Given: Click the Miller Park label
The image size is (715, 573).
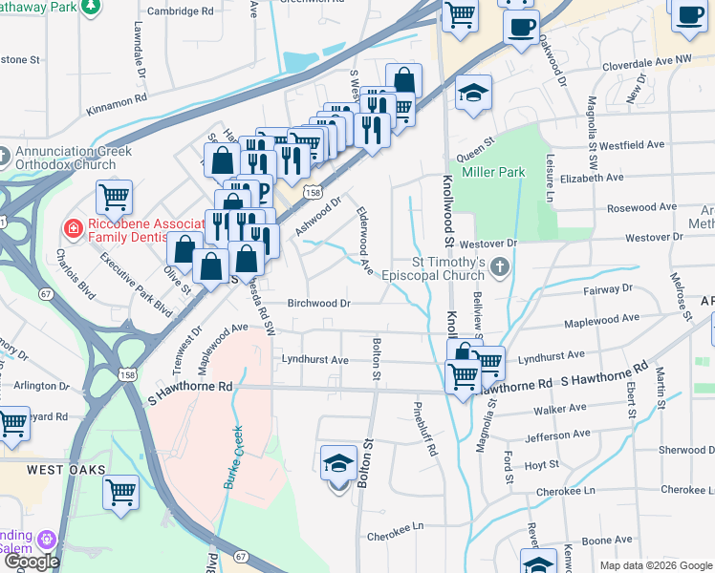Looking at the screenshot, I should [x=493, y=172].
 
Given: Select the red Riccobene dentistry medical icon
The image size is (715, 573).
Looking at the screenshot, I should [x=72, y=228].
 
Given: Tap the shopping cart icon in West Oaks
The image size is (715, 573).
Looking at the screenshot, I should [x=121, y=494].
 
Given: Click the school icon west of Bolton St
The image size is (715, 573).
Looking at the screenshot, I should [x=338, y=464].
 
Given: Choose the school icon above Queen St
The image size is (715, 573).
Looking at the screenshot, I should [x=473, y=94].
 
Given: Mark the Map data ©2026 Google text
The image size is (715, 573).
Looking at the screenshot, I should [x=655, y=565].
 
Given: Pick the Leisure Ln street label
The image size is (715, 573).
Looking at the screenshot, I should [x=550, y=181].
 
